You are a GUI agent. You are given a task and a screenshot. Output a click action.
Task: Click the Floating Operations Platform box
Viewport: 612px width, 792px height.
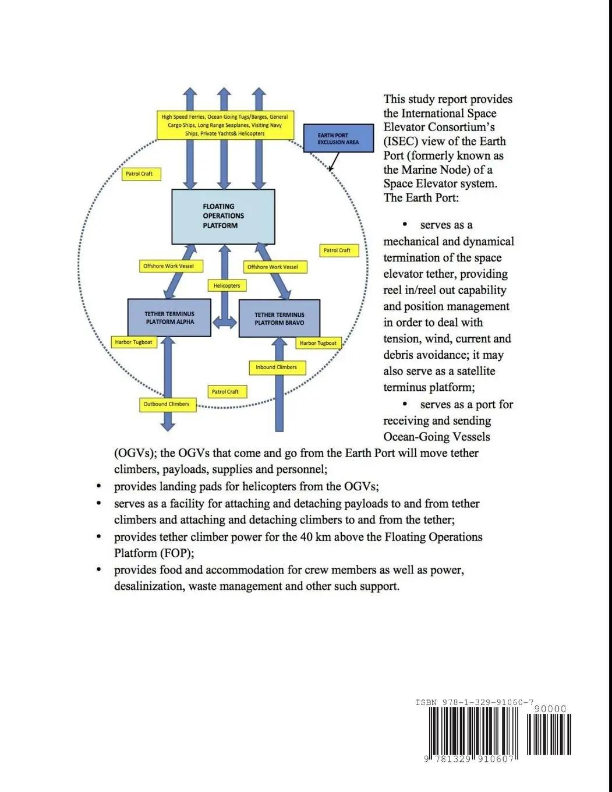[x=223, y=216]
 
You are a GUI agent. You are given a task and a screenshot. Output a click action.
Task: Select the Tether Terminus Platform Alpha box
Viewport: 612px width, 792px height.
[x=169, y=318]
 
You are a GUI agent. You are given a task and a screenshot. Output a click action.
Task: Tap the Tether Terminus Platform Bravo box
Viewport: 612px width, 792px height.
[x=280, y=319]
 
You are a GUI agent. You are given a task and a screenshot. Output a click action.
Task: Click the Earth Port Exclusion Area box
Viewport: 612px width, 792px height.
[x=338, y=139]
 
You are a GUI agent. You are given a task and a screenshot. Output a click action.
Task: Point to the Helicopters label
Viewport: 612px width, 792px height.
[x=227, y=286]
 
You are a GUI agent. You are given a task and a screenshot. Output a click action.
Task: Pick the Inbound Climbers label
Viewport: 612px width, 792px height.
[x=276, y=367]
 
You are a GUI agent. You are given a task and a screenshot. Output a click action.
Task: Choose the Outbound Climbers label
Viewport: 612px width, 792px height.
[x=167, y=404]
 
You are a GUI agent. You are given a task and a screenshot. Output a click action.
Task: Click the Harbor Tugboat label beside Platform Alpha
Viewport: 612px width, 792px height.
[x=133, y=342]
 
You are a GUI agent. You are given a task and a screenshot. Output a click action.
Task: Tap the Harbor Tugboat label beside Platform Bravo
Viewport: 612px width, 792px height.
[x=318, y=344]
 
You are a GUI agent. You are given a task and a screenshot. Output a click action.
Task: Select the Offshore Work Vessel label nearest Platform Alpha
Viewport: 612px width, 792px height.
[x=168, y=266]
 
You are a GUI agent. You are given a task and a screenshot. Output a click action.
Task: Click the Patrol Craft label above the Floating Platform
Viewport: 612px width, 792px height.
[x=139, y=174]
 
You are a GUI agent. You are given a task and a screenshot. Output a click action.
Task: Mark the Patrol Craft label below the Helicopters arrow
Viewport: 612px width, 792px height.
[x=225, y=392]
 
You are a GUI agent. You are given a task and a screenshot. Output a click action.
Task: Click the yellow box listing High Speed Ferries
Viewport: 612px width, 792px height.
[x=224, y=125]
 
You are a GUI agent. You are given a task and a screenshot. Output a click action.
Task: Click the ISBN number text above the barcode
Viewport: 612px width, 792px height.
[x=475, y=702]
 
